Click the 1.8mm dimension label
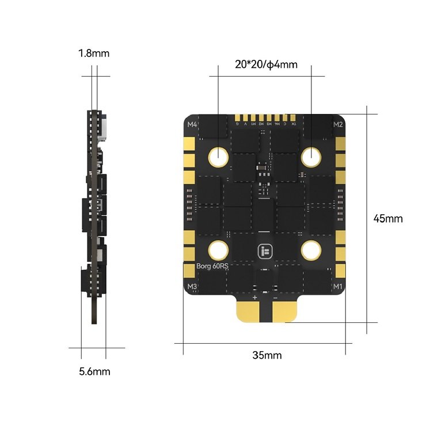point(94,54)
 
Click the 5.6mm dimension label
point(94,371)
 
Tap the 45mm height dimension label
point(387,218)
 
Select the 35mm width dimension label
point(267,355)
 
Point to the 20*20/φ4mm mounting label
point(266,64)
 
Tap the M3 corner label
point(192,286)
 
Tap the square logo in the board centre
point(265,251)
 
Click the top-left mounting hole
point(219,155)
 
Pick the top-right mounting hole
point(312,155)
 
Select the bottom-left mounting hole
point(219,250)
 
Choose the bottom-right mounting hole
point(312,250)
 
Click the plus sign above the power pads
point(254,298)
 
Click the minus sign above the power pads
point(275,298)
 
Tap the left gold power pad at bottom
point(251,311)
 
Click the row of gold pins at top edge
point(266,119)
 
